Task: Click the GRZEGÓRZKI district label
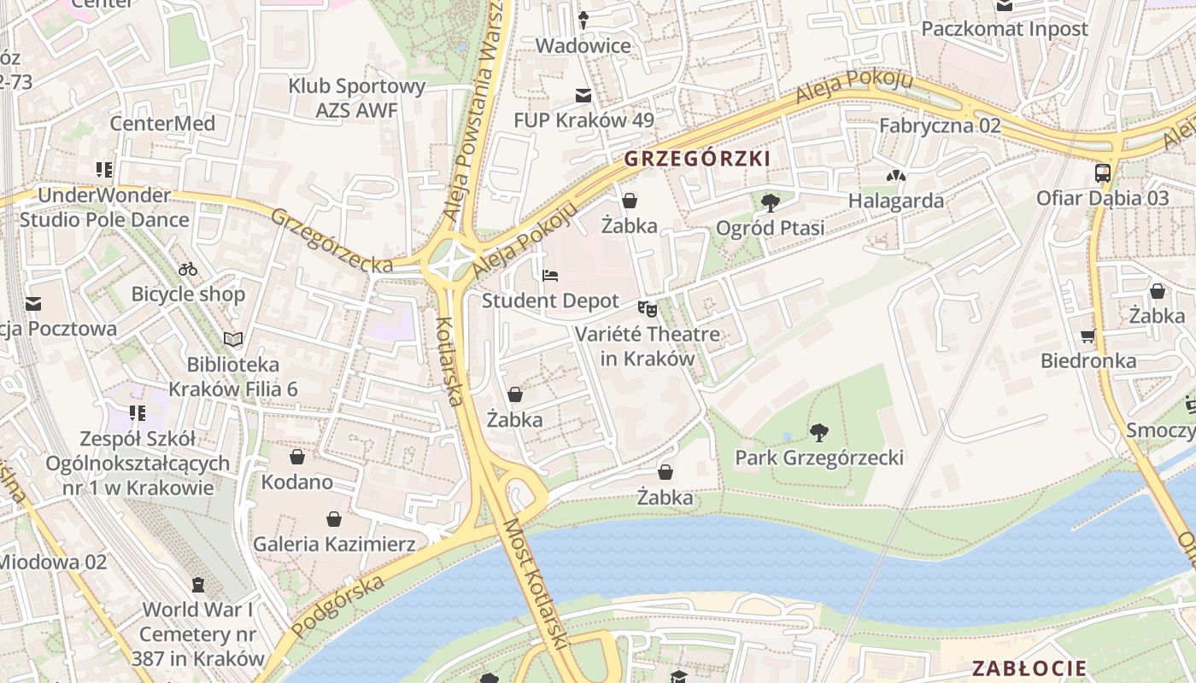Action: click(697, 159)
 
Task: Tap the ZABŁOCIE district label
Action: click(1029, 668)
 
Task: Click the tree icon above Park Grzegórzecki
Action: click(819, 433)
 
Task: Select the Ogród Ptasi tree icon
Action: click(770, 203)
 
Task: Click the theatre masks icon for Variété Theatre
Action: click(647, 308)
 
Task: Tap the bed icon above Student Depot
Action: click(550, 276)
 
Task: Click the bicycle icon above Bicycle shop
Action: click(188, 270)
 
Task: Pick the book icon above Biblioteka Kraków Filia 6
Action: click(233, 339)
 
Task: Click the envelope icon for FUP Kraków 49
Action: click(583, 95)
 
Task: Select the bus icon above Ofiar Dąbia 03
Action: click(1102, 173)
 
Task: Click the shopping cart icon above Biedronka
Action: click(1088, 336)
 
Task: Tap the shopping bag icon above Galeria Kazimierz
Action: click(334, 519)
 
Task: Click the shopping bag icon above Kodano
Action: click(296, 457)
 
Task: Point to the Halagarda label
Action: click(895, 201)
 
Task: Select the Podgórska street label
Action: click(337, 605)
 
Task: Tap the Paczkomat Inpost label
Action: click(1004, 29)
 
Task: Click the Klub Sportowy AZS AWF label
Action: click(356, 98)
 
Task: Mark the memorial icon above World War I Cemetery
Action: click(198, 585)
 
